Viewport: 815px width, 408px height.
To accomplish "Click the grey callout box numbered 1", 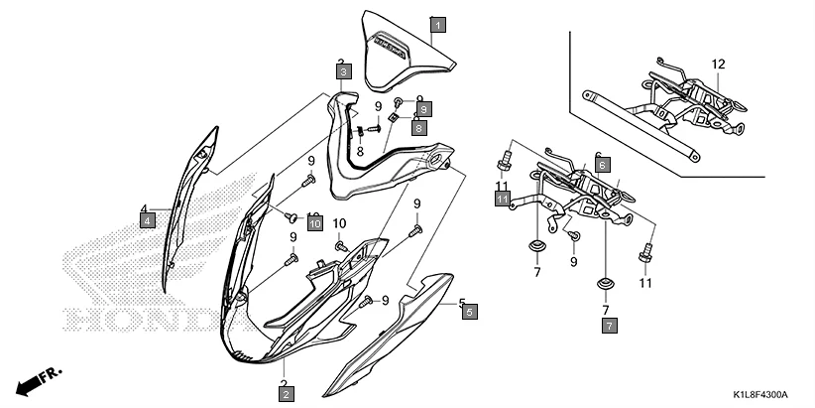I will point(438,24).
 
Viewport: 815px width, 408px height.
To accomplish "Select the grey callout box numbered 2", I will point(286,395).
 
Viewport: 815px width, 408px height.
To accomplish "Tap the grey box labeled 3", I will point(342,72).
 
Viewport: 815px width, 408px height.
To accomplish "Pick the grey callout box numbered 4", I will point(147,220).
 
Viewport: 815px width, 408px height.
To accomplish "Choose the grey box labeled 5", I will point(469,311).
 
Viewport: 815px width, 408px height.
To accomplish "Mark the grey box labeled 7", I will point(609,325).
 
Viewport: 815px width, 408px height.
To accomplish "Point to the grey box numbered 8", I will point(419,128).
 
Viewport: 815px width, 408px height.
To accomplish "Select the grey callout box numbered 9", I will point(423,108).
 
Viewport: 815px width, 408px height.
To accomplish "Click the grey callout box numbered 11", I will point(503,200).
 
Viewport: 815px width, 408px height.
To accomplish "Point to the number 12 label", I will point(718,64).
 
